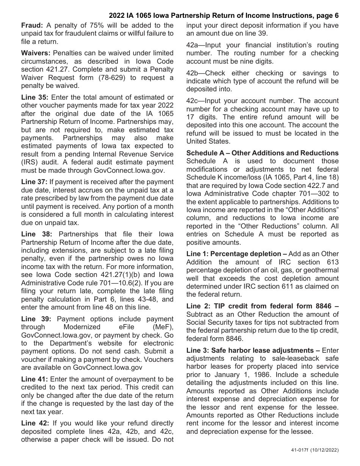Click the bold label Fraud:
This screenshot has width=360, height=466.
tap(32, 26)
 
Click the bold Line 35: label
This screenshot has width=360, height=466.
tap(34, 97)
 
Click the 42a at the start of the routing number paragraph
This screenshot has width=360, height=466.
tap(192, 45)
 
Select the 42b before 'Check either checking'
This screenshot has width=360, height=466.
tap(192, 73)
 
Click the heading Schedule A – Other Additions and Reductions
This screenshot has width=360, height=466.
tap(262, 153)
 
